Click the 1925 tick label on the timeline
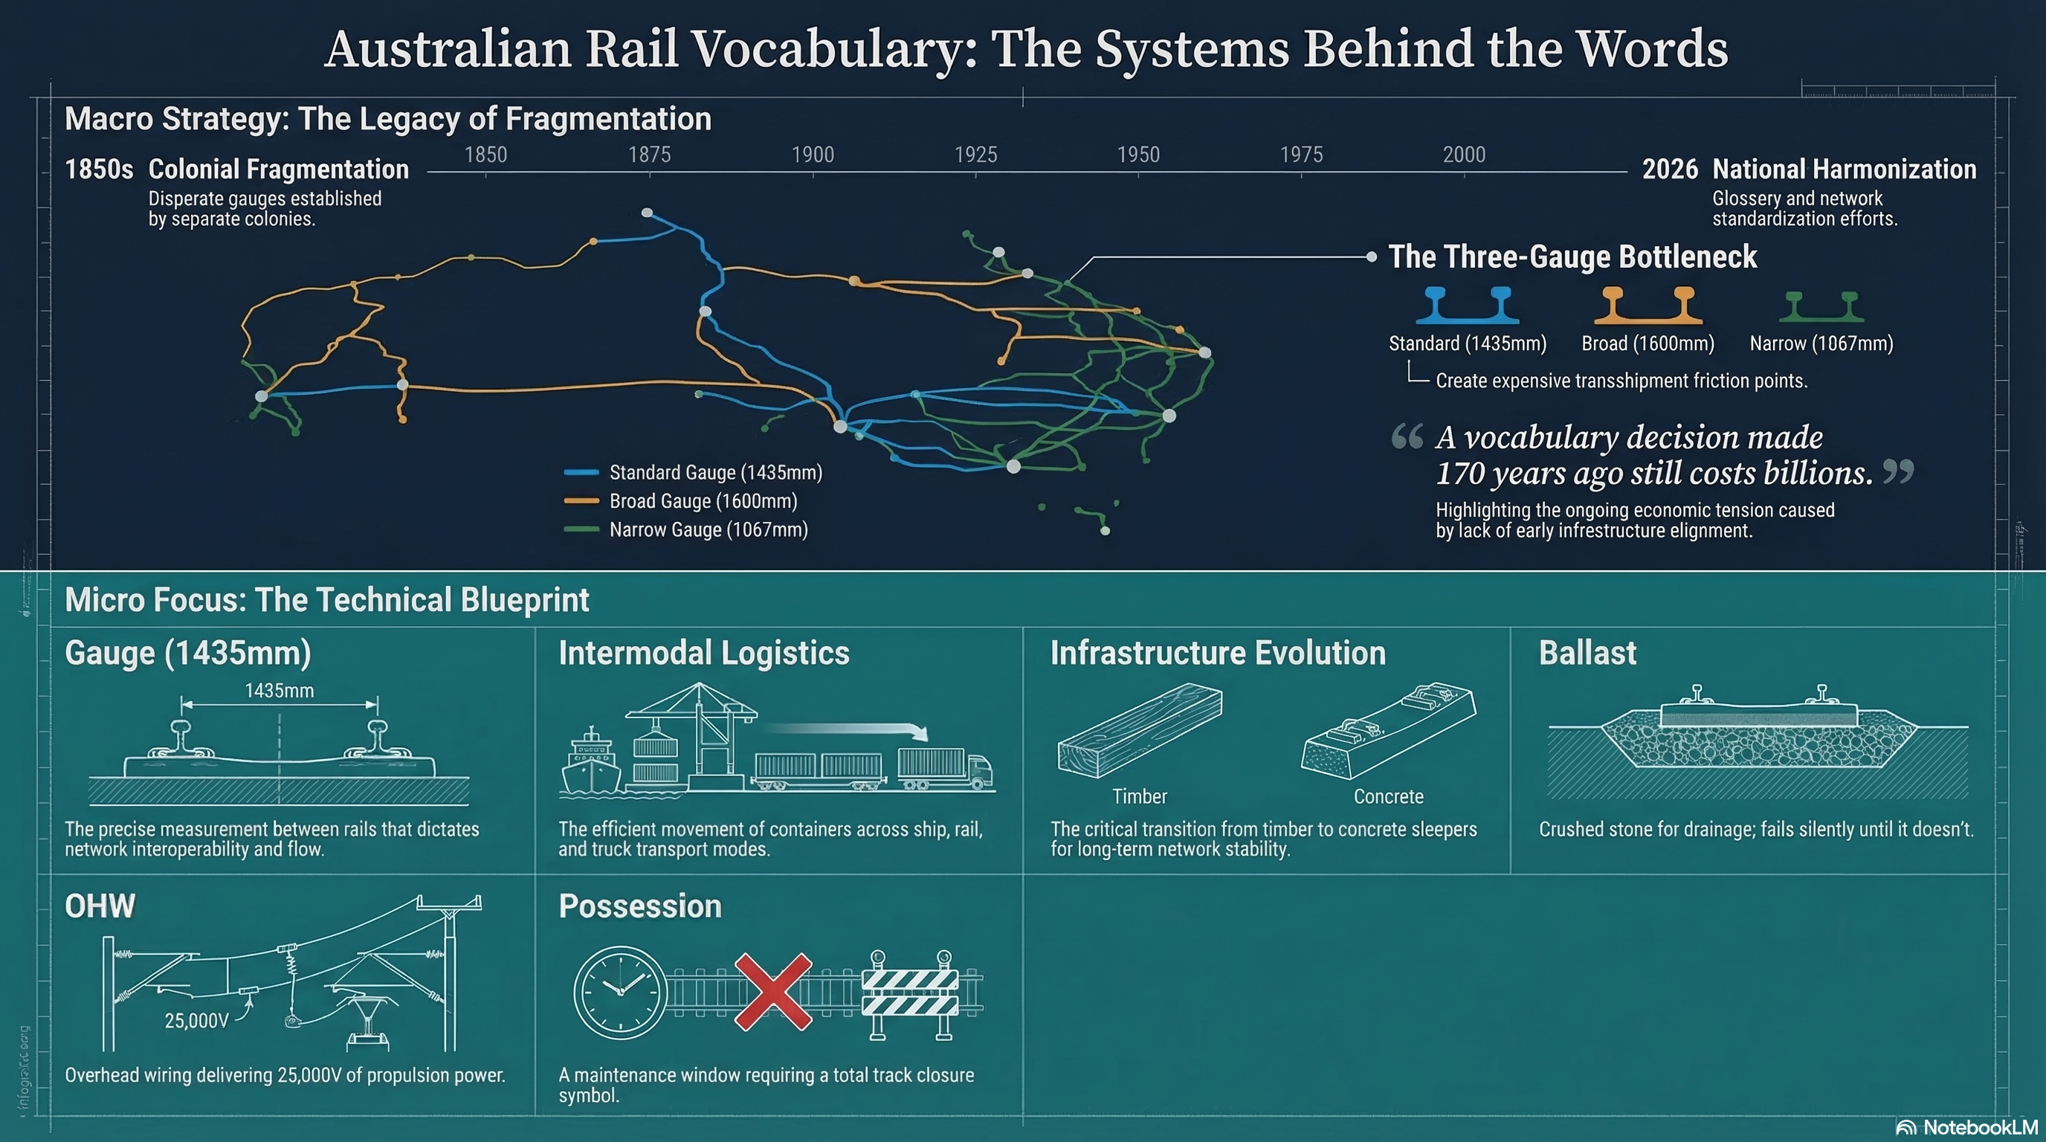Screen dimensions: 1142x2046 pyautogui.click(x=975, y=154)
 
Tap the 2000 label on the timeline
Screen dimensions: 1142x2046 pyautogui.click(x=1464, y=154)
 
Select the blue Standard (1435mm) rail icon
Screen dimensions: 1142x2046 pyautogui.click(x=1468, y=306)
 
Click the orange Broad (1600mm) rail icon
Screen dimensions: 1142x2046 pyautogui.click(x=1648, y=306)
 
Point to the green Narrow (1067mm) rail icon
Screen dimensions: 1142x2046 pyautogui.click(x=1821, y=306)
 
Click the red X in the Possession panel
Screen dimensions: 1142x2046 pyautogui.click(x=772, y=992)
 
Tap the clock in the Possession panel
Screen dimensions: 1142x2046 pyautogui.click(x=620, y=992)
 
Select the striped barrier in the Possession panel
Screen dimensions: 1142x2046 pyautogui.click(x=910, y=993)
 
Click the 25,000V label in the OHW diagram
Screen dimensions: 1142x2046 pyautogui.click(x=196, y=1021)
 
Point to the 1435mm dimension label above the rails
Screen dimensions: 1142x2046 pyautogui.click(x=279, y=691)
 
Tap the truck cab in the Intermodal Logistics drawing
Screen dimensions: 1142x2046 pyautogui.click(x=979, y=770)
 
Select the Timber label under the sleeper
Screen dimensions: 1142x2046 pyautogui.click(x=1139, y=796)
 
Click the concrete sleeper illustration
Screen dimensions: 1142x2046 pyautogui.click(x=1388, y=731)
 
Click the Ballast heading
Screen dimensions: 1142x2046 pyautogui.click(x=1587, y=653)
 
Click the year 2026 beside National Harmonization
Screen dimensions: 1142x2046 pyautogui.click(x=1670, y=170)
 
